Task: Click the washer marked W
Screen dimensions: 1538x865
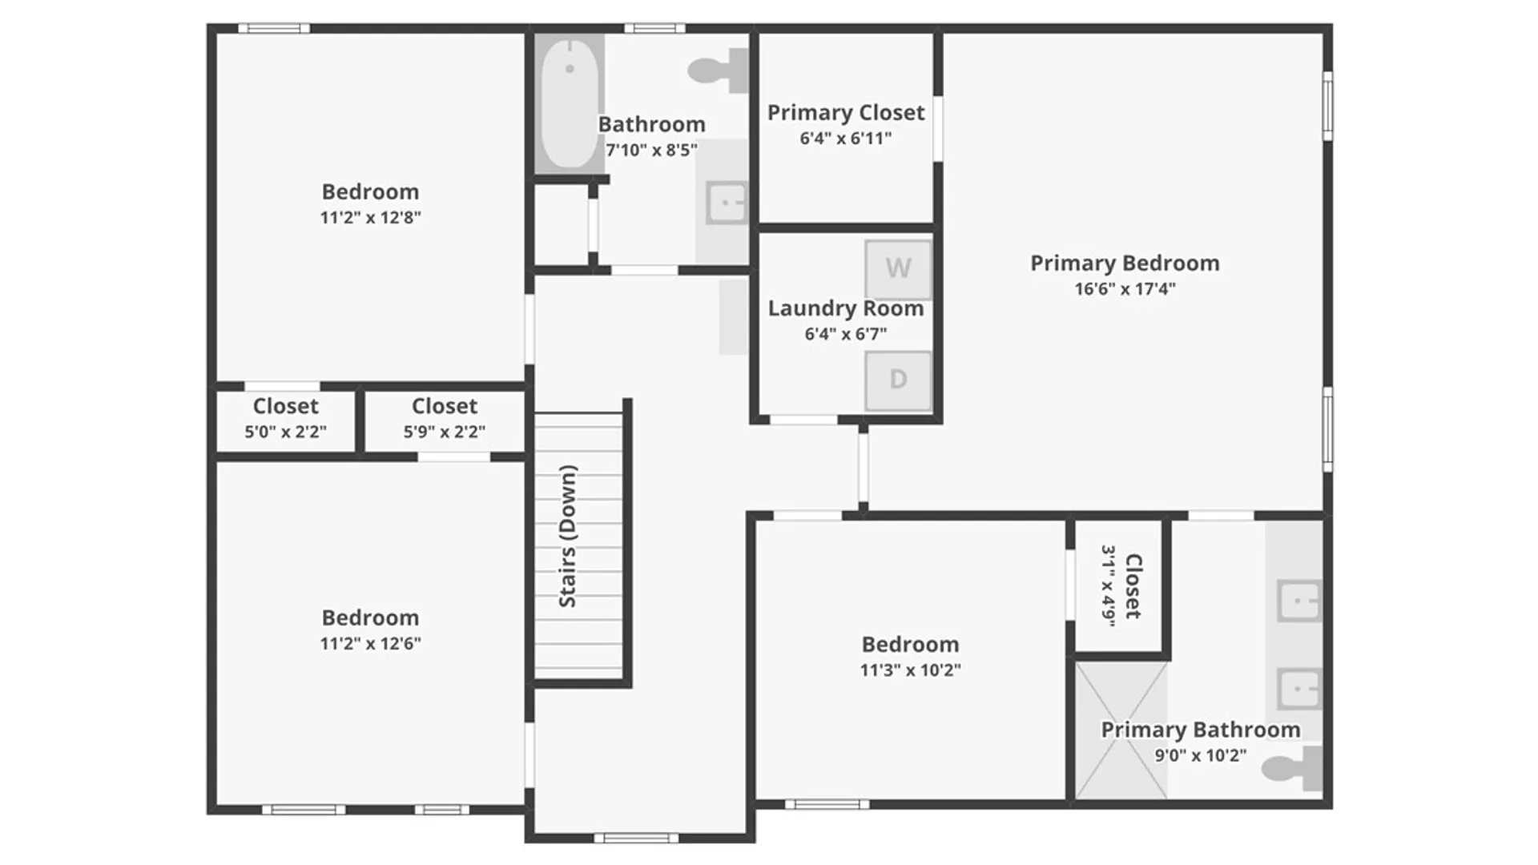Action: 898,268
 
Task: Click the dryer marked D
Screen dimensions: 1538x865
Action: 898,380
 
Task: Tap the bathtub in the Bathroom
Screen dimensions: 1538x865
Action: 570,103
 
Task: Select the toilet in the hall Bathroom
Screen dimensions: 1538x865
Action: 718,70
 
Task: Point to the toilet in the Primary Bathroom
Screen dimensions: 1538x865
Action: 1292,768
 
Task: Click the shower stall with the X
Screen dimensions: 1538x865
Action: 1121,730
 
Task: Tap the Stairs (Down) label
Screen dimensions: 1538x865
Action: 567,536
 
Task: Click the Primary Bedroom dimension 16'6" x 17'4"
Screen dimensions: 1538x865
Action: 1125,288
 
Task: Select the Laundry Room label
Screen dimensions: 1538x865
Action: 846,308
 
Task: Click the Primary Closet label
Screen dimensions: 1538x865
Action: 846,113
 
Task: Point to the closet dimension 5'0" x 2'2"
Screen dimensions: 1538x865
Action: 285,432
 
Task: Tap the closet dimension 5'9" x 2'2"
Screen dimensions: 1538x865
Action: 444,432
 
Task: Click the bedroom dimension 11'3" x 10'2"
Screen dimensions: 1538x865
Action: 910,670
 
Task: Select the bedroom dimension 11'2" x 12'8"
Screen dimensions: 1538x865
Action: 370,217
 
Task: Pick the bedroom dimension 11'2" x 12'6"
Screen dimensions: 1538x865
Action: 370,643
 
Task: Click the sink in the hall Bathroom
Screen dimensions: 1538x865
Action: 727,203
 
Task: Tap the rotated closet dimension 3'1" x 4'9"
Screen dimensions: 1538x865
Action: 1109,586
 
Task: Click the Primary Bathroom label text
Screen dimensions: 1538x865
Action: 1200,730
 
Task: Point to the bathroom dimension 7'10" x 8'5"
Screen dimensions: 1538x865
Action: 651,150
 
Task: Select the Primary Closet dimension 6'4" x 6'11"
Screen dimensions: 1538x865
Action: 845,139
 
